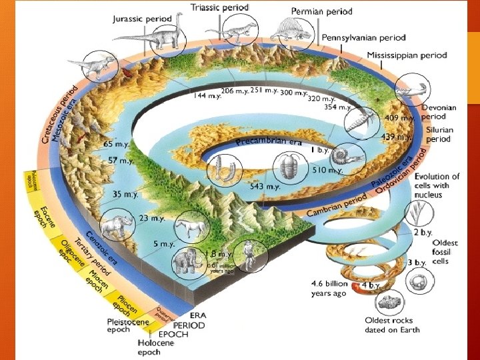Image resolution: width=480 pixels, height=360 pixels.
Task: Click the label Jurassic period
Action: (x=141, y=18)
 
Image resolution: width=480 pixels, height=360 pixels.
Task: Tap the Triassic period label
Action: (x=220, y=7)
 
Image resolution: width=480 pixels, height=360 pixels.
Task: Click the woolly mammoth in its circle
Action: (x=185, y=262)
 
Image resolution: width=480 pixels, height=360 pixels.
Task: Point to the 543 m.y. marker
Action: (x=265, y=186)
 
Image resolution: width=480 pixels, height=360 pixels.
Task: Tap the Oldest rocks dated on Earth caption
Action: (x=392, y=325)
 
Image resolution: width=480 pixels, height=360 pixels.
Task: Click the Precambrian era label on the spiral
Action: (x=269, y=141)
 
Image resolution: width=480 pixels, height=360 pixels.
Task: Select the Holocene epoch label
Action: (x=157, y=347)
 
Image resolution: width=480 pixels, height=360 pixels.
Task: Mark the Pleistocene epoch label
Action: (x=128, y=325)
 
